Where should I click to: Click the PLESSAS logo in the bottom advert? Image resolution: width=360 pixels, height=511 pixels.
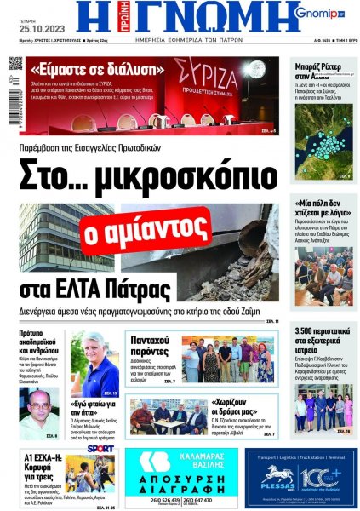click(282, 480)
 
